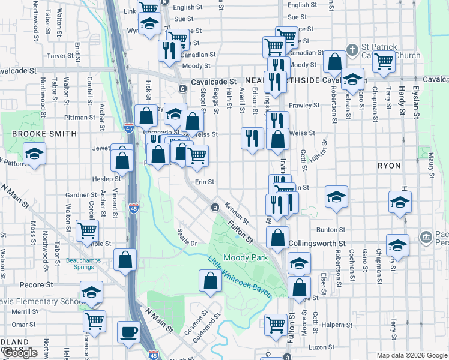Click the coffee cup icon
128,332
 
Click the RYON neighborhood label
389,165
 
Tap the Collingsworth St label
316,244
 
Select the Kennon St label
236,211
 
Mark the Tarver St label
60,56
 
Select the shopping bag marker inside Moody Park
211,281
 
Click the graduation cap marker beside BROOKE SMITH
35,154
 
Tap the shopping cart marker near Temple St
88,229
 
